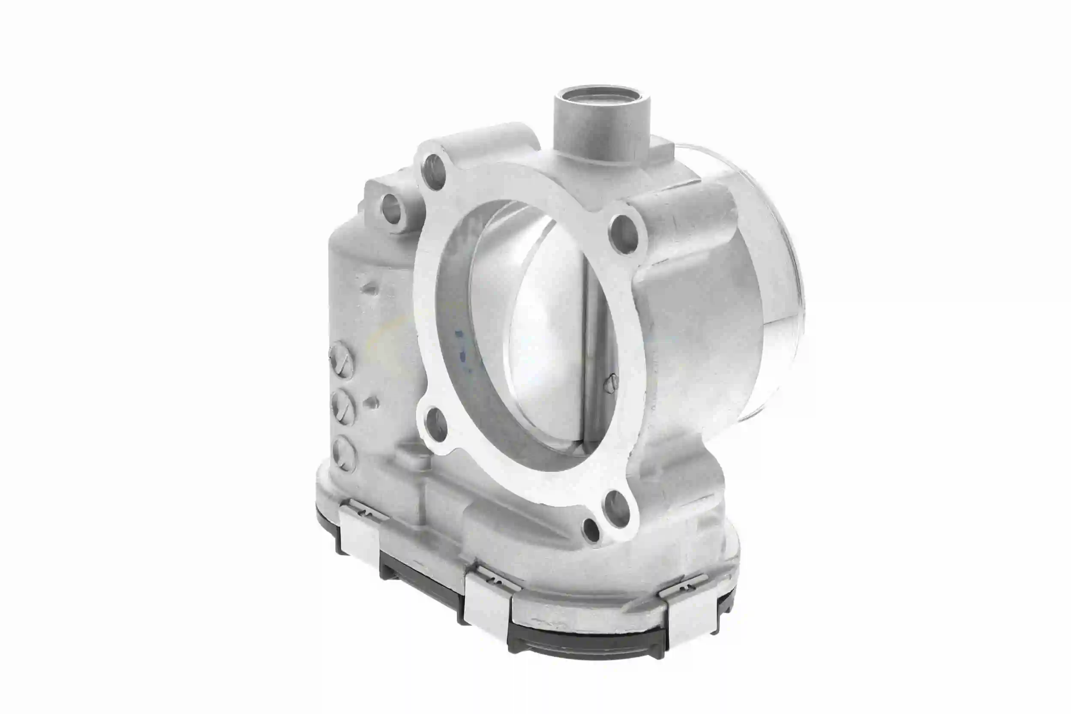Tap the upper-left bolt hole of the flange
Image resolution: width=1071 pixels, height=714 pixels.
(434, 172)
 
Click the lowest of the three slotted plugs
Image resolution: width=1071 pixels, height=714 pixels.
(343, 452)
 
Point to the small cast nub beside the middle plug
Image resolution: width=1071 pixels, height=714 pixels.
(373, 402)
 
